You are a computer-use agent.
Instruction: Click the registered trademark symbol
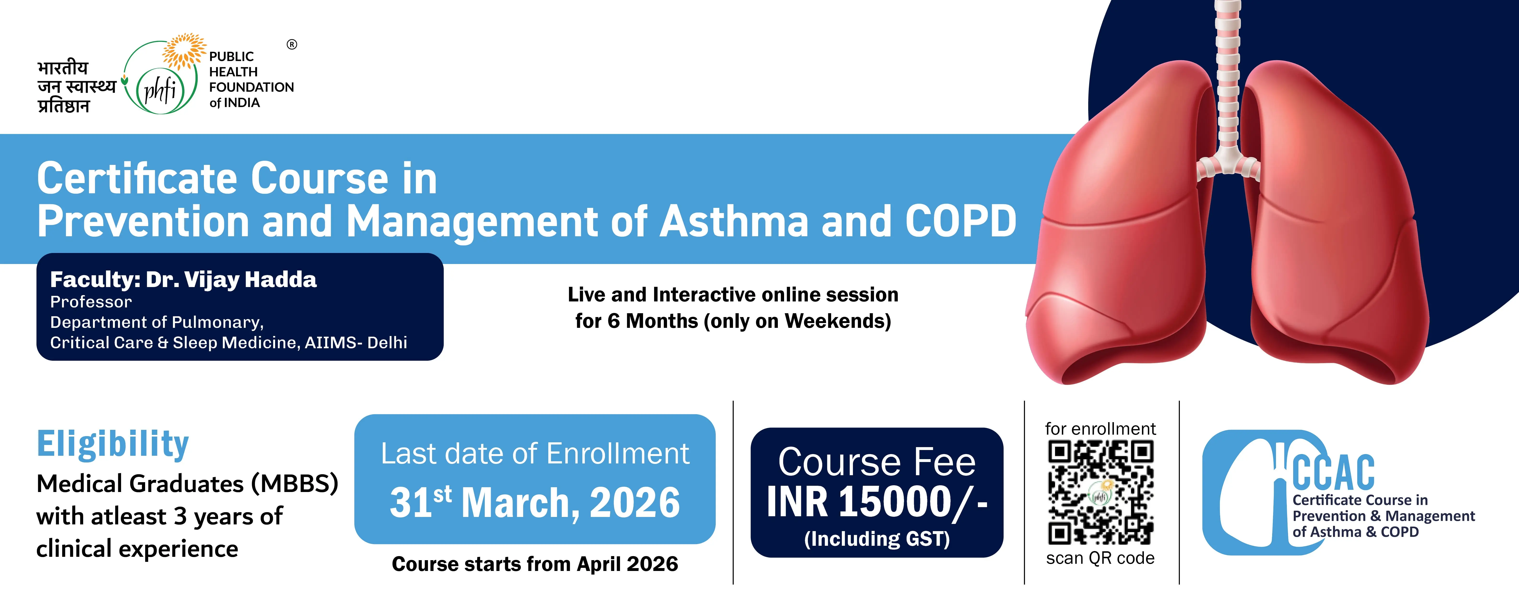pos(292,44)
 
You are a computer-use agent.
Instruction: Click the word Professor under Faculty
pos(91,302)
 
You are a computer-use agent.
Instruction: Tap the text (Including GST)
pos(877,539)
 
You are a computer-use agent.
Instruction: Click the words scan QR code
pos(1100,558)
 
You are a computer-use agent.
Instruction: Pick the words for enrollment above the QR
pos(1100,429)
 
